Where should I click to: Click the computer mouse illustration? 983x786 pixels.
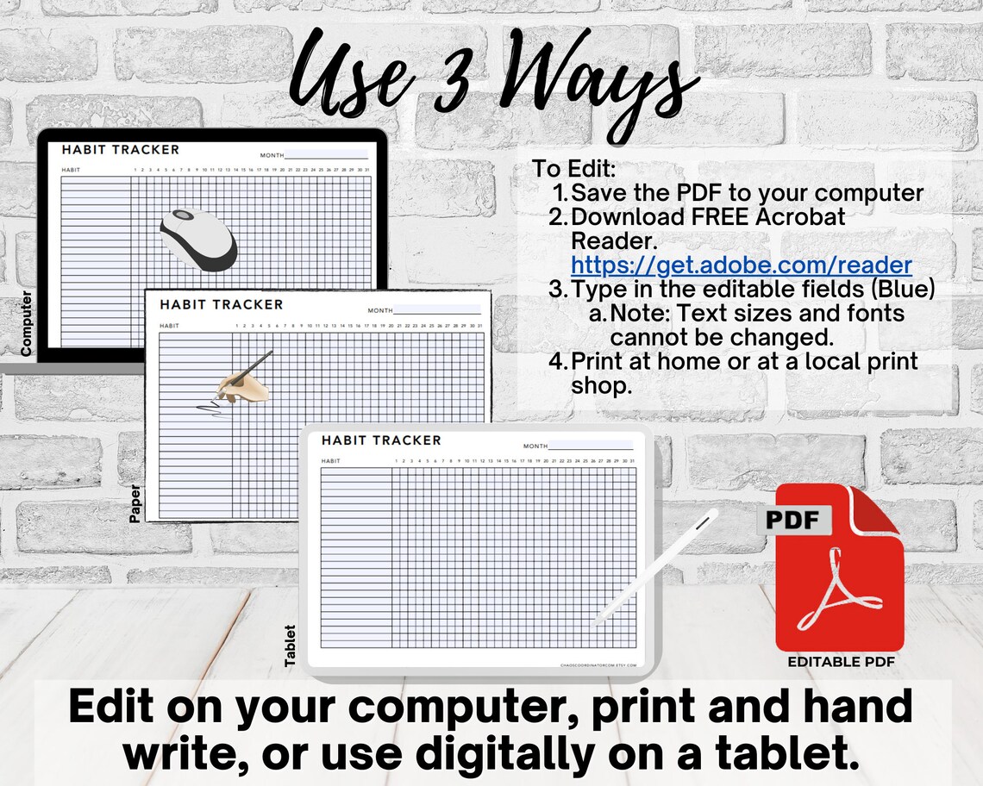[198, 239]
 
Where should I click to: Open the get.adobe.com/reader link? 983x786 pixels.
[741, 265]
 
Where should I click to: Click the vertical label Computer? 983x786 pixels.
[26, 323]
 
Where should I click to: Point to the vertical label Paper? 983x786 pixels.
[135, 503]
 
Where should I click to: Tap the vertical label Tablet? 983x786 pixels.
[290, 645]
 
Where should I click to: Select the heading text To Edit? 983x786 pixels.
[573, 169]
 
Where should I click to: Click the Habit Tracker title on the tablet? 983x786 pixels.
[381, 440]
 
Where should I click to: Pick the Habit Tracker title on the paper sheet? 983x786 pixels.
[221, 304]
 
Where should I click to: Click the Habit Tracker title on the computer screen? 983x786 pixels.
[121, 150]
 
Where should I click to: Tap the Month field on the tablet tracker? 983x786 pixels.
[590, 446]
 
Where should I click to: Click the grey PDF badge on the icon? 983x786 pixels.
[794, 520]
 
